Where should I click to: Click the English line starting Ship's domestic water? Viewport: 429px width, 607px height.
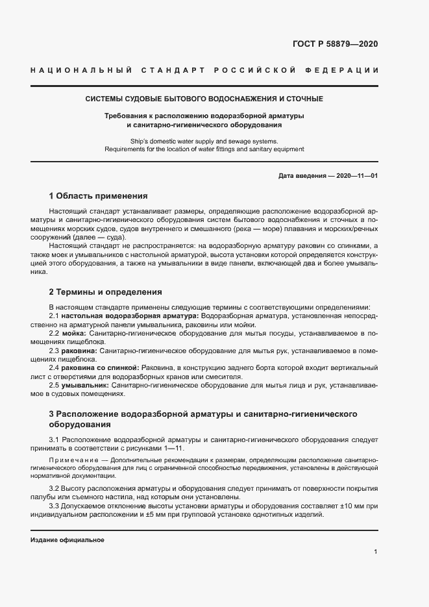(204, 141)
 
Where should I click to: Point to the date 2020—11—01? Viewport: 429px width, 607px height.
(356, 176)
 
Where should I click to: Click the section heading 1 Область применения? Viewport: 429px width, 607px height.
(98, 195)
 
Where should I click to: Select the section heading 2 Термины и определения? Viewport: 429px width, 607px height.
(105, 291)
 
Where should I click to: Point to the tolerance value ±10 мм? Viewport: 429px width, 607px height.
(346, 506)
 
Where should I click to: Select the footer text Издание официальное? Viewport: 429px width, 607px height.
(67, 539)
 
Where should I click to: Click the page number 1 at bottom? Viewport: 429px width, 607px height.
(376, 552)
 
